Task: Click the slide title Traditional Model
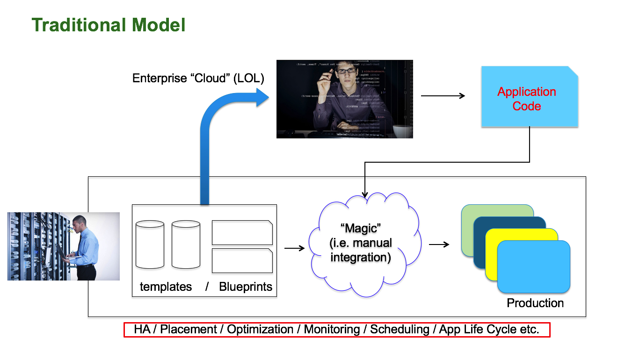(108, 25)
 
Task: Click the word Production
(535, 303)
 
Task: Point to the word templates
(166, 287)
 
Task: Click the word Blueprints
(246, 287)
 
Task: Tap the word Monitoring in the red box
(332, 329)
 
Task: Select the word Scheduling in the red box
(400, 329)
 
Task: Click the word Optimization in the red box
(260, 329)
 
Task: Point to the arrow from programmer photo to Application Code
(443, 96)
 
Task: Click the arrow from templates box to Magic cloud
(294, 248)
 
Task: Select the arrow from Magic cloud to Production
(439, 245)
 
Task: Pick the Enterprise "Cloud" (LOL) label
(198, 78)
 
